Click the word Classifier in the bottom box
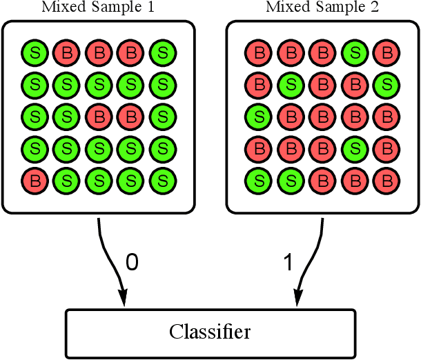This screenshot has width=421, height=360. (210, 332)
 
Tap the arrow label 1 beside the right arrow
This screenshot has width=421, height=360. (288, 263)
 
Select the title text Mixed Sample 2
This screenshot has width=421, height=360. (322, 8)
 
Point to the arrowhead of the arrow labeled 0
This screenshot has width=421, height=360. (124, 299)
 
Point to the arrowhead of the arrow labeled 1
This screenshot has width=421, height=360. (298, 299)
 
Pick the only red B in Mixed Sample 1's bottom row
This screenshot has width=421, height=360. (33, 181)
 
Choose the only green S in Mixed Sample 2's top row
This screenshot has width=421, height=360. (353, 52)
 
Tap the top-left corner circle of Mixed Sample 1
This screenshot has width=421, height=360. (33, 52)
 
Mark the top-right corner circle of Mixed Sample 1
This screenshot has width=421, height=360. (161, 52)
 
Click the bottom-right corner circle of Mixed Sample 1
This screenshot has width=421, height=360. (161, 181)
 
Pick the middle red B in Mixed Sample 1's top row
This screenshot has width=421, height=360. (97, 52)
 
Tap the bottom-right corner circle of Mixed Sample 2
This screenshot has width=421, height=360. (385, 181)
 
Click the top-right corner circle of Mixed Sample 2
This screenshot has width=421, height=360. (385, 52)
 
